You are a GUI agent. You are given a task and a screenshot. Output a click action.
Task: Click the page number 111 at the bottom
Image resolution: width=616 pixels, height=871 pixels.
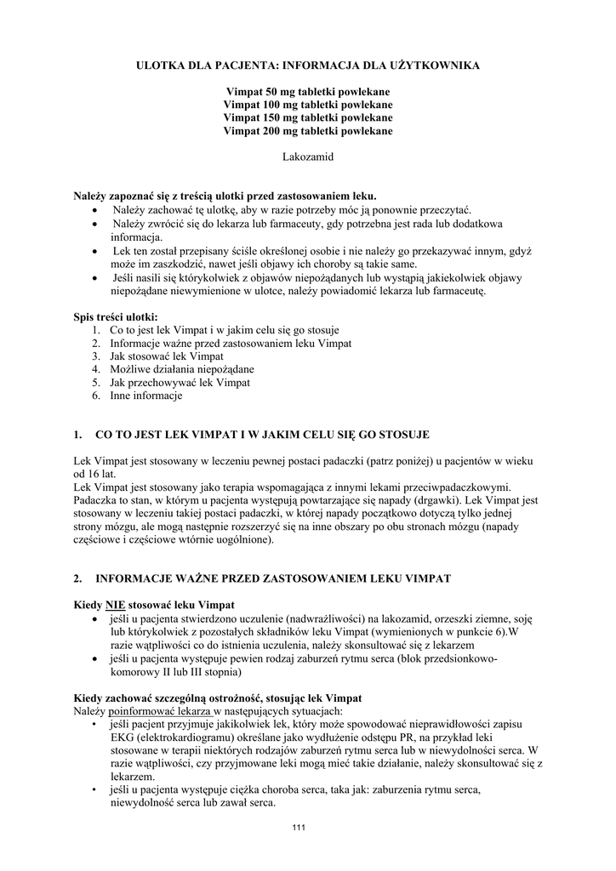click(298, 828)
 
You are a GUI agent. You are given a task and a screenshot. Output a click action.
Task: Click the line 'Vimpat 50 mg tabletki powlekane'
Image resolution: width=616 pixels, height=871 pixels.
click(308, 91)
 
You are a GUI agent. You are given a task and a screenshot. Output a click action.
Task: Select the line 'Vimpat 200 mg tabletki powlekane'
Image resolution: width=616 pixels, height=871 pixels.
click(308, 132)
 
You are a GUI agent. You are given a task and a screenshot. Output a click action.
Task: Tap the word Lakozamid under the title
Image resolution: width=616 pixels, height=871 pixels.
click(308, 158)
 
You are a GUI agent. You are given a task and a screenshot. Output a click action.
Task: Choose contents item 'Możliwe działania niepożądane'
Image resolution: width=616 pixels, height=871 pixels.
click(182, 369)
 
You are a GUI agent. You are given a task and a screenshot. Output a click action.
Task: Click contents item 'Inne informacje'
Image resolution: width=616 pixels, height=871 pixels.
click(146, 396)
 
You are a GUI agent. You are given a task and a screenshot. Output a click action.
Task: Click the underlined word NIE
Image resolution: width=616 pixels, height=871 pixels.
click(115, 605)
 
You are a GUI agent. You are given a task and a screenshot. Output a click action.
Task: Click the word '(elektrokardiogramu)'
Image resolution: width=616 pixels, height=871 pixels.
click(185, 737)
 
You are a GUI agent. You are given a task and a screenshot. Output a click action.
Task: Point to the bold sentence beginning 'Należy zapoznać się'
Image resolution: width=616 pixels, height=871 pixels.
click(225, 196)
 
